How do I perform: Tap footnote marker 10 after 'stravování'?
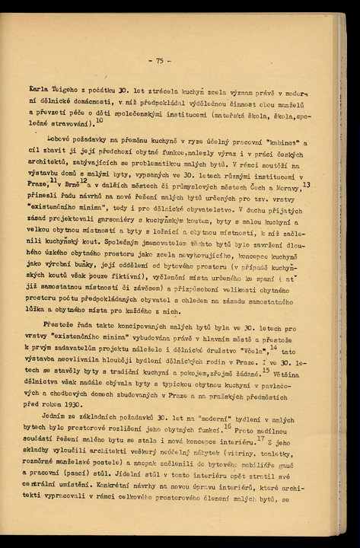pos(100,120)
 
